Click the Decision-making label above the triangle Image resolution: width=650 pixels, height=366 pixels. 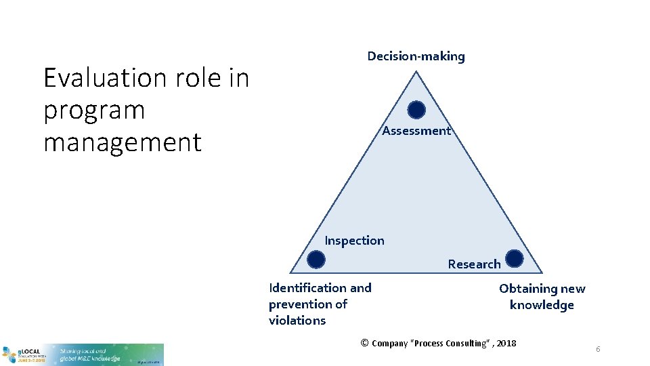pos(416,56)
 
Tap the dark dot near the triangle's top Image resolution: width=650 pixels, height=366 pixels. pos(416,110)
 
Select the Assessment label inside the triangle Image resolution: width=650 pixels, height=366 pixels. pos(416,131)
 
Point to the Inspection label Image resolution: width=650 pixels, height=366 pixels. pos(354,241)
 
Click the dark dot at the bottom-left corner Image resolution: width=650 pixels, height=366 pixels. pos(316,259)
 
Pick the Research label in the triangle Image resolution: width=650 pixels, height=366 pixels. pos(474,264)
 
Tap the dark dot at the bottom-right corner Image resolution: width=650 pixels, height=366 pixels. pos(514,258)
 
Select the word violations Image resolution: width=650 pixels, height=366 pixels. pos(297,321)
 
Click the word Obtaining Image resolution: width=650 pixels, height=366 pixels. pos(527,289)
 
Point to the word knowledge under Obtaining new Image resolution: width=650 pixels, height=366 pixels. pos(542,305)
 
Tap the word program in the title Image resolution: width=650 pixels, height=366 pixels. pos(94,110)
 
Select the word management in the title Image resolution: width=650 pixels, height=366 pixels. pos(123,143)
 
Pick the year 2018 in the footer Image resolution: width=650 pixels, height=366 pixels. pos(506,344)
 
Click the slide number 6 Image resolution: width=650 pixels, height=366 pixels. pos(598,349)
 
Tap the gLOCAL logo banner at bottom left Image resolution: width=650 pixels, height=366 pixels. pos(82,354)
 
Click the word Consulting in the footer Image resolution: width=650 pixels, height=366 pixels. pos(467,344)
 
